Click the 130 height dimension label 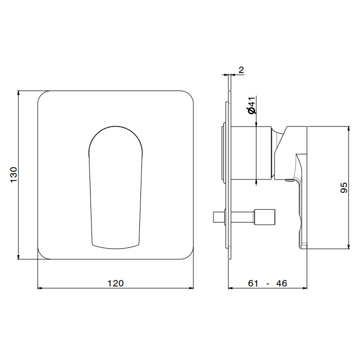coord(14,175)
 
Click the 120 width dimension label coord(116,283)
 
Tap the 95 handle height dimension coord(344,188)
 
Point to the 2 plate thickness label coord(241,70)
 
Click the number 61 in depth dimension coord(253,283)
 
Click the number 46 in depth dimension coord(281,283)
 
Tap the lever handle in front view coord(116,188)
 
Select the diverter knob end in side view coord(264,217)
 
